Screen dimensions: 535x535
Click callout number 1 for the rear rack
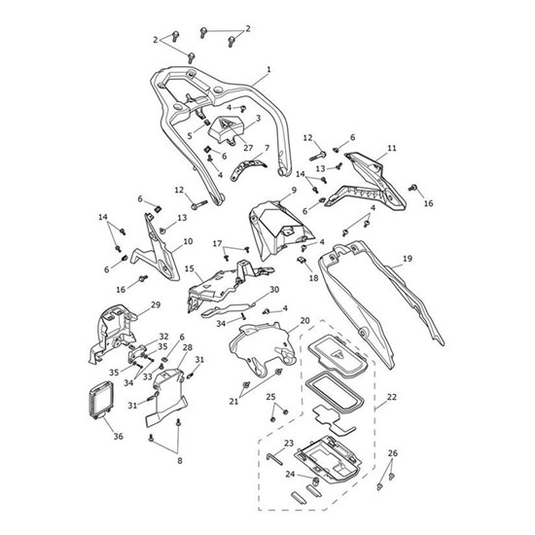(268, 70)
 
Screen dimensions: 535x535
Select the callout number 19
(408, 259)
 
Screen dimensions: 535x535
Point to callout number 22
(392, 397)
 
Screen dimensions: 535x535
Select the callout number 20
(304, 321)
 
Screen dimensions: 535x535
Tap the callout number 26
(393, 453)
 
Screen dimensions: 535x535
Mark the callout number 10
(188, 240)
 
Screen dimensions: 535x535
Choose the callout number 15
(189, 268)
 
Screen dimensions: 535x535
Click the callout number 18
(313, 278)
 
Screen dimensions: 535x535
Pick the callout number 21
(233, 401)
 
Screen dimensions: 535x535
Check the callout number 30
(274, 290)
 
